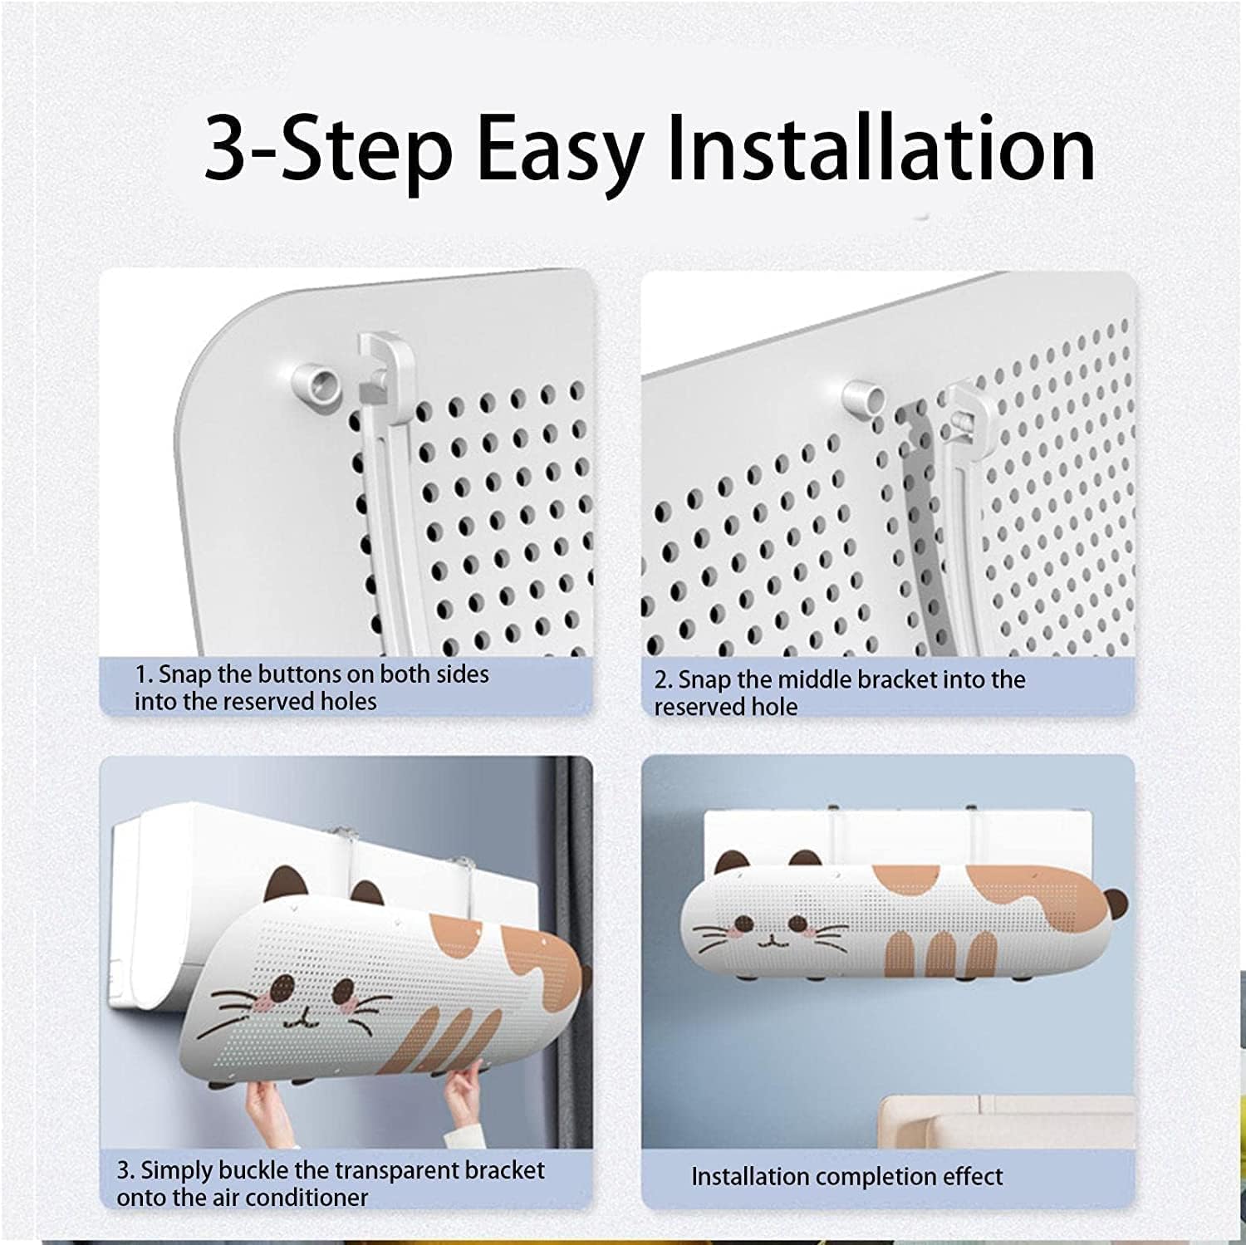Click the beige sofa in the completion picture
pyautogui.click(x=1008, y=1122)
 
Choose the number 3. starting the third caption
pyautogui.click(x=125, y=1171)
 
